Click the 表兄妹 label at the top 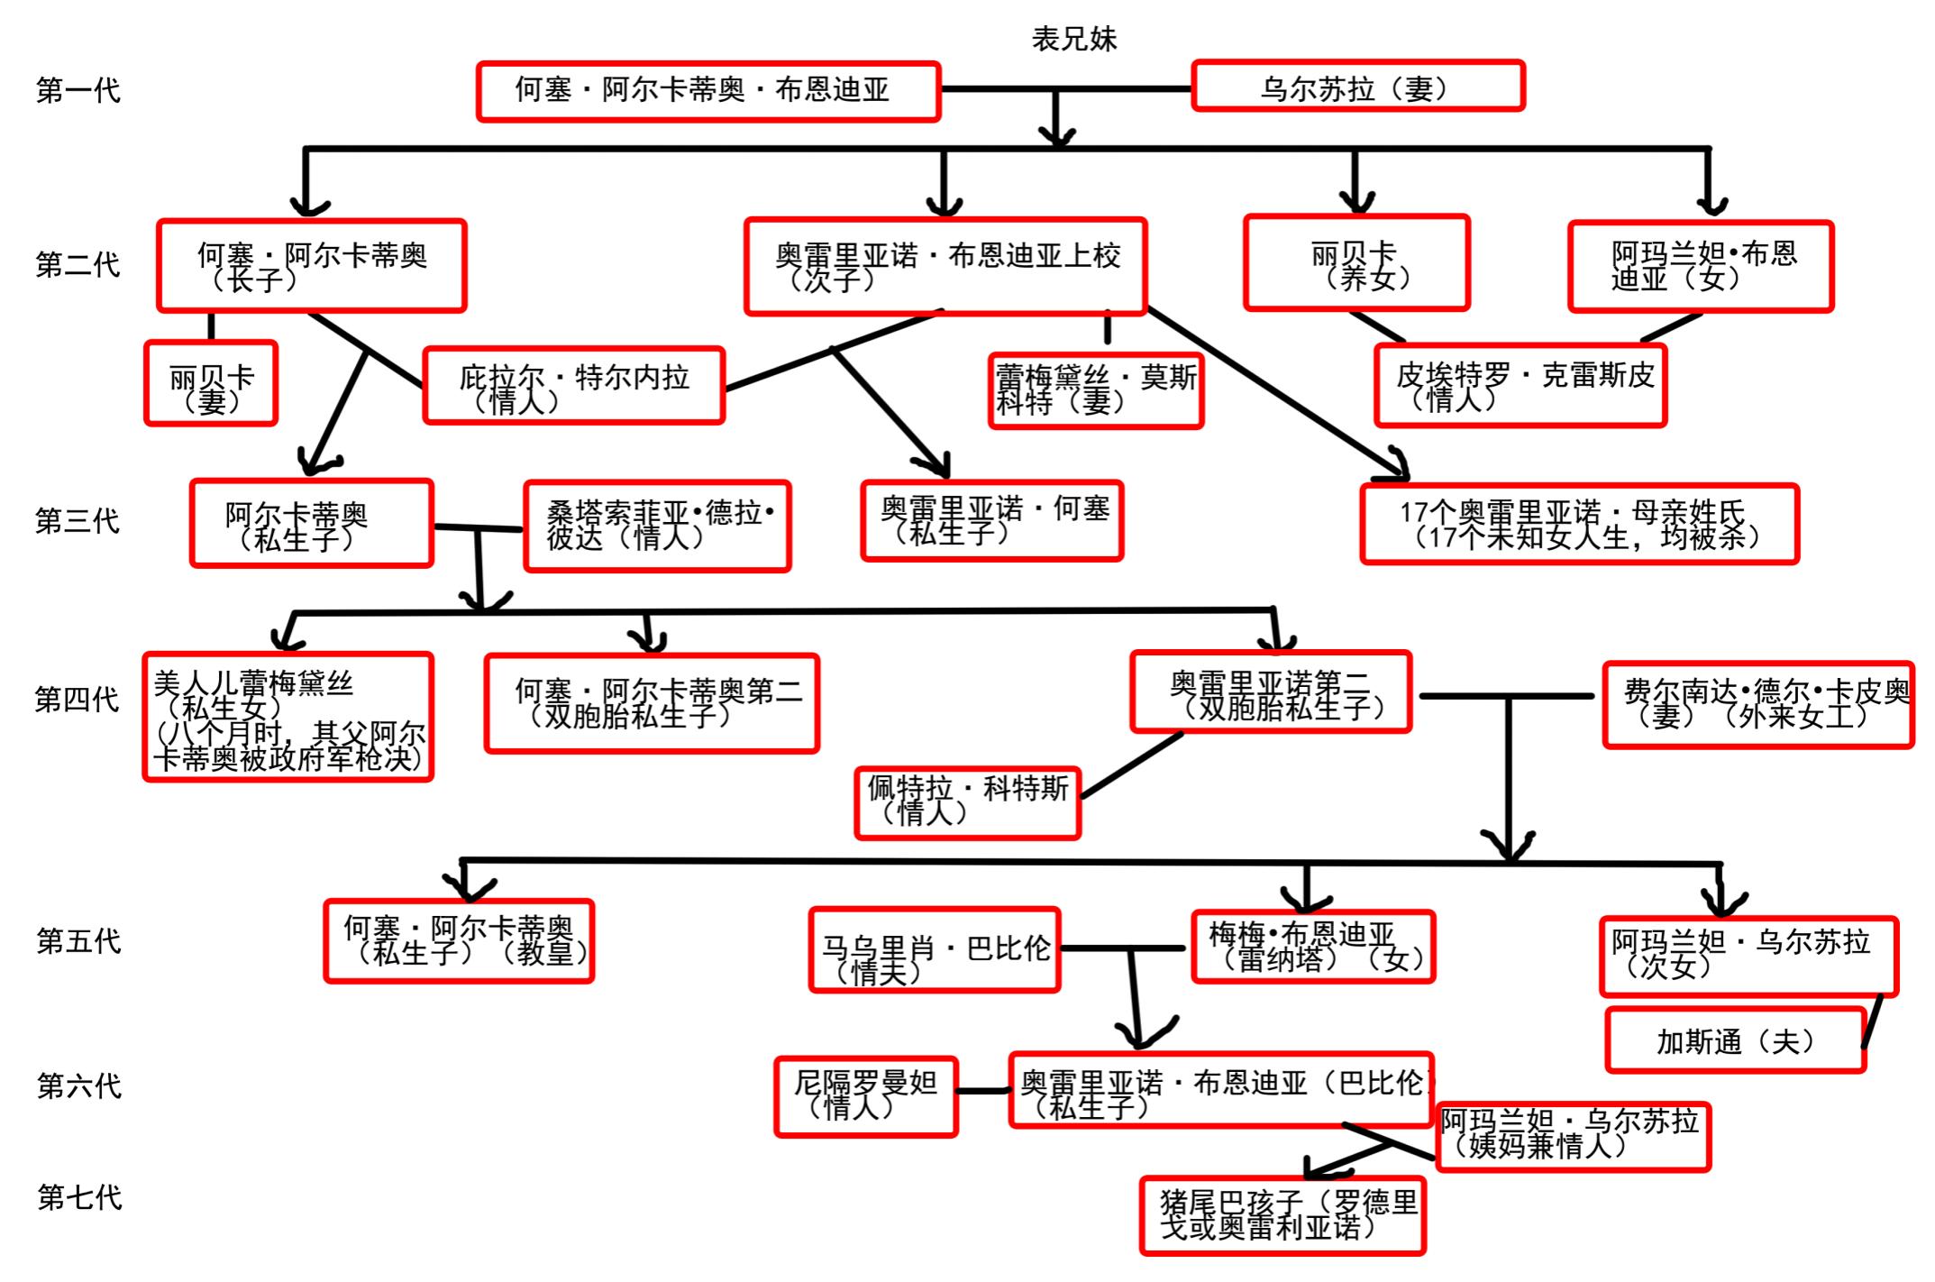click(x=1073, y=39)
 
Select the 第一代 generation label click(x=78, y=90)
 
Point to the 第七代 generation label click(x=79, y=1197)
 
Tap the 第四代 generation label click(x=77, y=699)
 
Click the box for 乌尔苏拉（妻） click(x=1357, y=87)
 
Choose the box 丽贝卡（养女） click(x=1356, y=263)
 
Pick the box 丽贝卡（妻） click(x=211, y=383)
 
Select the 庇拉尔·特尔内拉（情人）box click(x=574, y=386)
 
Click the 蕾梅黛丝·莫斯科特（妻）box click(x=1096, y=390)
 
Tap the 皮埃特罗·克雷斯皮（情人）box click(x=1520, y=385)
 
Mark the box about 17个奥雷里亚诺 click(x=1579, y=524)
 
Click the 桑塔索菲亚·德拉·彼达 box click(x=657, y=526)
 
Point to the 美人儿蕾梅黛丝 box click(x=288, y=718)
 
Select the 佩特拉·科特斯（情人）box click(x=967, y=801)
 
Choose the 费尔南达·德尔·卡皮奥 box click(x=1757, y=704)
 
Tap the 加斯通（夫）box click(x=1735, y=1041)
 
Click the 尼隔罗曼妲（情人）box click(x=865, y=1095)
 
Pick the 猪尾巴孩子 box click(x=1282, y=1214)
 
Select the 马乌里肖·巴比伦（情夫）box click(x=935, y=950)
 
